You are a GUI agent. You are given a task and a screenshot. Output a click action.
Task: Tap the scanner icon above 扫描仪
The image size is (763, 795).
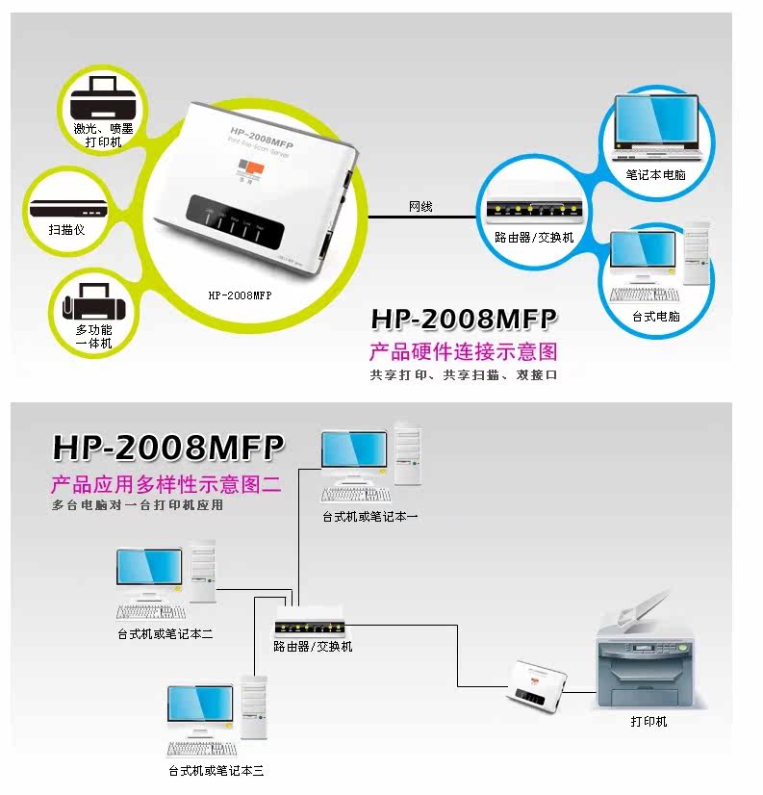pyautogui.click(x=65, y=210)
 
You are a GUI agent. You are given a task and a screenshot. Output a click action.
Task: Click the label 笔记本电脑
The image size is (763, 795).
pyautogui.click(x=655, y=175)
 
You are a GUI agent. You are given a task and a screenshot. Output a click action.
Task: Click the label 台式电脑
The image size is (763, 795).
pyautogui.click(x=656, y=315)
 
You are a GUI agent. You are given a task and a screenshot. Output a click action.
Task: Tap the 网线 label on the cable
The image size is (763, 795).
pyautogui.click(x=420, y=205)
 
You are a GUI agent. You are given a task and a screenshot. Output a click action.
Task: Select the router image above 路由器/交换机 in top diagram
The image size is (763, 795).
pyautogui.click(x=529, y=209)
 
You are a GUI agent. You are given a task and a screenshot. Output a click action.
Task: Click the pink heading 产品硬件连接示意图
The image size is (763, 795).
pyautogui.click(x=464, y=351)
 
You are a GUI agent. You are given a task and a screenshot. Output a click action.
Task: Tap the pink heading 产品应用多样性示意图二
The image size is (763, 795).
pyautogui.click(x=166, y=483)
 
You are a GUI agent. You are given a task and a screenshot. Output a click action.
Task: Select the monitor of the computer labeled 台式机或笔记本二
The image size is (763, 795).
pyautogui.click(x=149, y=571)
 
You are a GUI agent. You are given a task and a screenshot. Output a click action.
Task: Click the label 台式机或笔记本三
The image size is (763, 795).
pyautogui.click(x=216, y=770)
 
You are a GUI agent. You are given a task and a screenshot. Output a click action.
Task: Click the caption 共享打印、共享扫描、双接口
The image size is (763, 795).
pyautogui.click(x=464, y=375)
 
